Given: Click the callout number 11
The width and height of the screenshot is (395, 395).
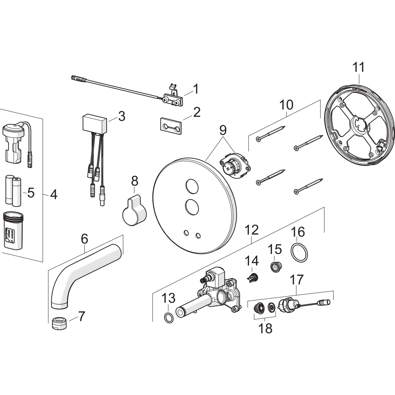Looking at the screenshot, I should tap(359, 67).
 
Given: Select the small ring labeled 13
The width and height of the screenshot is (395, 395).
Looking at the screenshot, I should tap(169, 318).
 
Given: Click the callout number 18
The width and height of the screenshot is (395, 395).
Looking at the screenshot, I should tap(265, 329).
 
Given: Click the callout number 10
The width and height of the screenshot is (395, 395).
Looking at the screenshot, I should tap(286, 105).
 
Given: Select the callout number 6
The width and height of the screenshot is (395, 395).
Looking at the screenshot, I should tap(84, 239).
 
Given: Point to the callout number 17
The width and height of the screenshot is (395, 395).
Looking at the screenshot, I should tap(297, 280).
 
